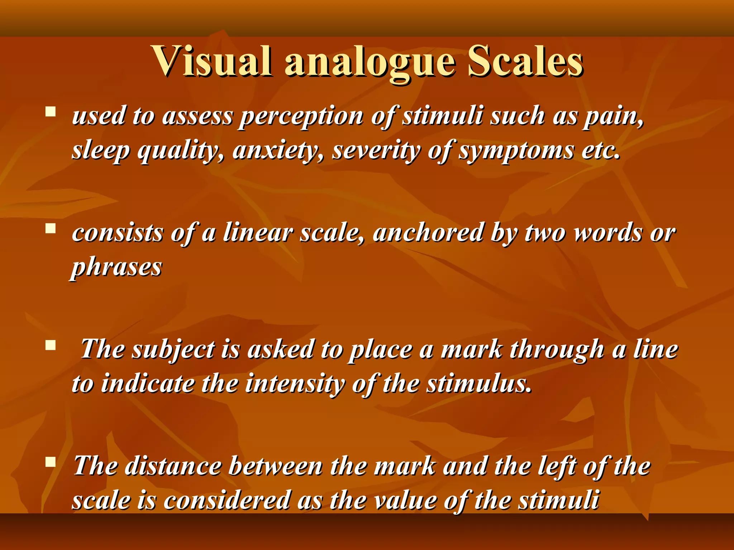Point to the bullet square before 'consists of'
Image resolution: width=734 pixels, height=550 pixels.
pos(51,228)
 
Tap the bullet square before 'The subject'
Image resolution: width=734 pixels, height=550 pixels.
pos(51,345)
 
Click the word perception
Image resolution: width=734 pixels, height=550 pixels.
pos(301,117)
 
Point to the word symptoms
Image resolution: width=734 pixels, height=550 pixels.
pos(516,151)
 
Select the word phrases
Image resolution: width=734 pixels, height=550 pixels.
pos(117,268)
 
